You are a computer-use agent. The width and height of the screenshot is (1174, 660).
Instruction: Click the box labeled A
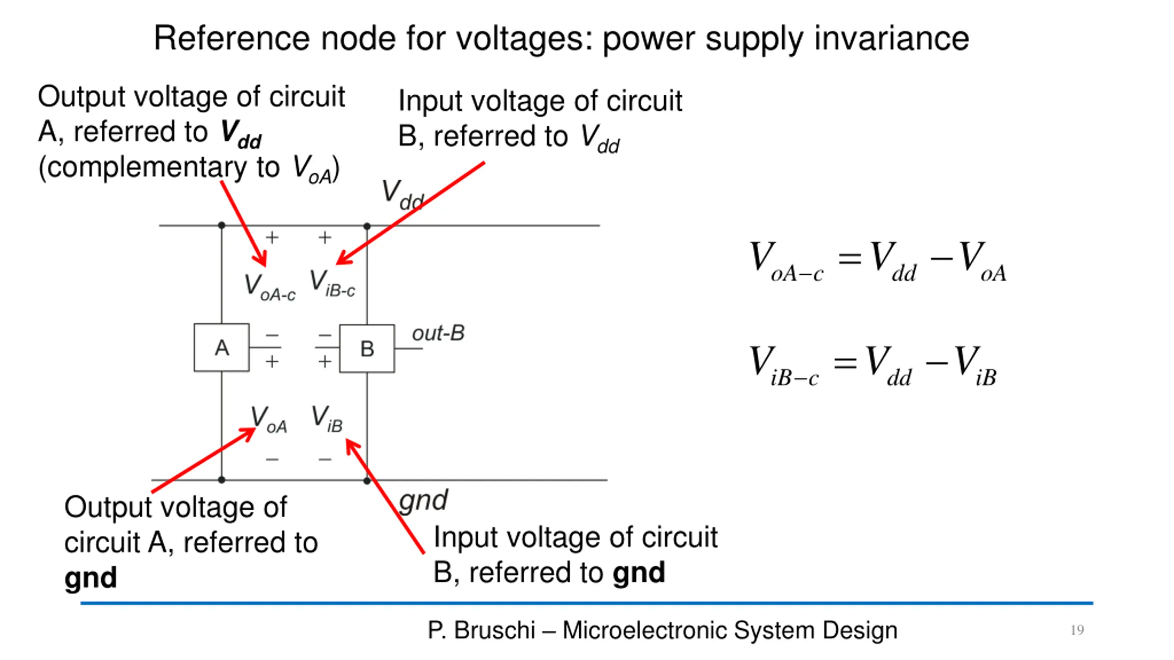click(x=222, y=347)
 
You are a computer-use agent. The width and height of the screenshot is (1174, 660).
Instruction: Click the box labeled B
click(x=367, y=348)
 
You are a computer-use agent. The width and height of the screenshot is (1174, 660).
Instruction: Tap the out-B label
click(x=438, y=333)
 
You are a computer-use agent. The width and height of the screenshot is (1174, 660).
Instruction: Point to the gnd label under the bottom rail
click(x=423, y=500)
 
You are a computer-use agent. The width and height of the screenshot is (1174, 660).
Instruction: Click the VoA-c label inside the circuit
click(x=270, y=287)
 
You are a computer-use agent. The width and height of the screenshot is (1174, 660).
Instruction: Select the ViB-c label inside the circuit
click(x=332, y=283)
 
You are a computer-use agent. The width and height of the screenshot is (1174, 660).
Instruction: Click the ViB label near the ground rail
click(x=327, y=418)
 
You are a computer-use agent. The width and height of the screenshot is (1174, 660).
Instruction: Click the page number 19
click(x=1077, y=630)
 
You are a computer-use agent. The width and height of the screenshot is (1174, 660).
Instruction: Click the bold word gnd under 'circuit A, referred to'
click(x=90, y=577)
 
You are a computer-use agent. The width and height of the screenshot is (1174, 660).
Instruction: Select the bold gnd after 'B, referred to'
click(x=639, y=572)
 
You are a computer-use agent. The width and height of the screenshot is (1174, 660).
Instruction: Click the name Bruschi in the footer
click(x=494, y=630)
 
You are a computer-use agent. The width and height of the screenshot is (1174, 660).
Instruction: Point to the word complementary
click(x=147, y=168)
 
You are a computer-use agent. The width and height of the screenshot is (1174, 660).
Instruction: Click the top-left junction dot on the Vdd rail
click(x=222, y=225)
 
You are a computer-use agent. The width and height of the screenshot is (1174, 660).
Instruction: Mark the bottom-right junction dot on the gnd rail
click(x=367, y=480)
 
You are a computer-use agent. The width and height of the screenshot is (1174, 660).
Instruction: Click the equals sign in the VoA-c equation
click(x=849, y=258)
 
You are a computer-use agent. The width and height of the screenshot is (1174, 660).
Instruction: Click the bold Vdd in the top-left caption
click(x=241, y=134)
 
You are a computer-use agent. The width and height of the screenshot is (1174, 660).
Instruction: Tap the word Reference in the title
click(x=232, y=38)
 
